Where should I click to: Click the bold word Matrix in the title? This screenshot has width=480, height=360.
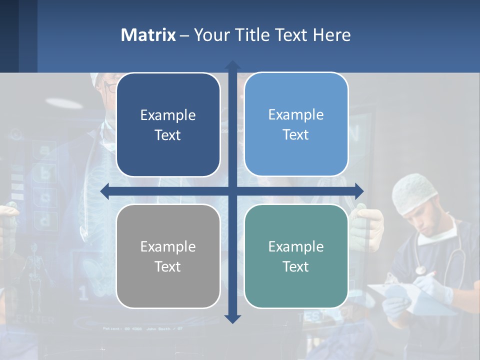[x=148, y=35]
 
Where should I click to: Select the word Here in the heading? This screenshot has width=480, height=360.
[x=332, y=35]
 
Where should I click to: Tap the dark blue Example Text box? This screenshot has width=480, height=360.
[x=168, y=125]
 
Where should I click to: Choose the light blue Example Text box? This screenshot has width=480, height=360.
[x=296, y=124]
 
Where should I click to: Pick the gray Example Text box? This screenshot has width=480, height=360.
[x=168, y=256]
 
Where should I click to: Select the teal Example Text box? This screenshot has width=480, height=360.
[x=296, y=256]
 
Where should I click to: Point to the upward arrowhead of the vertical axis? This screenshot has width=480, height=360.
[x=232, y=64]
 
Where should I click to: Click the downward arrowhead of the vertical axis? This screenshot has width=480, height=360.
[x=232, y=319]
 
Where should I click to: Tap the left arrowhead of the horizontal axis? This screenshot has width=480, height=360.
[x=104, y=191]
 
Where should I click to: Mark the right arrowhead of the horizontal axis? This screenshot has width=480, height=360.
[x=359, y=191]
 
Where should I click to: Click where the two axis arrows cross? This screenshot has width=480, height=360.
[x=232, y=191]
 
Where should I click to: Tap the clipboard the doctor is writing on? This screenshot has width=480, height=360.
[x=395, y=295]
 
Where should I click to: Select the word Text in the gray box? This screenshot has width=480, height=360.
[x=168, y=266]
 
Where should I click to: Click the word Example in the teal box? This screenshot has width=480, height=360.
[x=296, y=246]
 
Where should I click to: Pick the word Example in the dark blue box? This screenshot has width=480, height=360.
[x=168, y=115]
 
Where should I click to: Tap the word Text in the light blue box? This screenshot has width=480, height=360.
[x=296, y=135]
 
